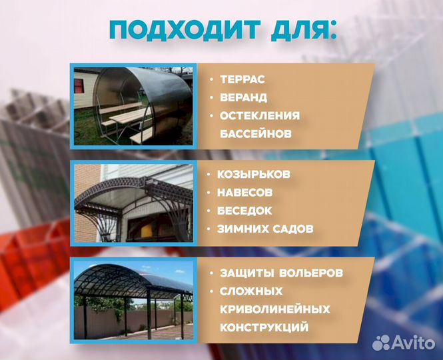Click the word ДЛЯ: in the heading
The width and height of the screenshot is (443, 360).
point(298,31)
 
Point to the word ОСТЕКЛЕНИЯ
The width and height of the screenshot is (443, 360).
point(260,115)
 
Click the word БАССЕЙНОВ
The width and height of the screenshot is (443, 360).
point(256,133)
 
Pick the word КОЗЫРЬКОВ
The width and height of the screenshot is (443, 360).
point(253,175)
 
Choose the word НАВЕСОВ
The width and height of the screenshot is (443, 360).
point(245,193)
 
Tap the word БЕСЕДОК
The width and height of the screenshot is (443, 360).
point(244,211)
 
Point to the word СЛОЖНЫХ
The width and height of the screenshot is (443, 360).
point(251,291)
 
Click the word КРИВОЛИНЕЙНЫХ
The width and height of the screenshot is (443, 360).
point(274,309)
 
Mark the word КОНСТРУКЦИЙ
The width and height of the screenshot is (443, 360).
point(264,327)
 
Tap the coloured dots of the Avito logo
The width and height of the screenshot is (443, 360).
point(382,343)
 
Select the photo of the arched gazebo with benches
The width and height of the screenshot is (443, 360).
point(133,106)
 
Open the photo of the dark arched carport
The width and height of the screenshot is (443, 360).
point(133,299)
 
